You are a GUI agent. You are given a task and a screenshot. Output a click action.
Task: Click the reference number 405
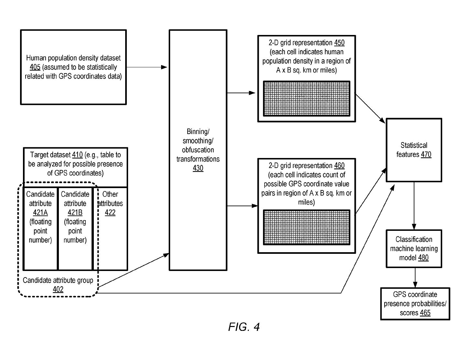pyautogui.click(x=35, y=67)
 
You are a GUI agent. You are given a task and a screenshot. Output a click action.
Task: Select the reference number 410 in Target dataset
pyautogui.click(x=77, y=155)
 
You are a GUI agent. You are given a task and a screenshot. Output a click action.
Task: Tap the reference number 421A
pyautogui.click(x=40, y=212)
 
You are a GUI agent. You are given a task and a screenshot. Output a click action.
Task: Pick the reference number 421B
pyautogui.click(x=75, y=212)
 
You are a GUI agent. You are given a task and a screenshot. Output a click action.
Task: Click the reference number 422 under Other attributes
pyautogui.click(x=110, y=212)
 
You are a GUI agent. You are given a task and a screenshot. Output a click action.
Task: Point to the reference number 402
pyautogui.click(x=58, y=289)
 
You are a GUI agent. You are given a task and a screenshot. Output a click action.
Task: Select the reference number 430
pyautogui.click(x=198, y=168)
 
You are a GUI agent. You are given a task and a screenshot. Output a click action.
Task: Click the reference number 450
pyautogui.click(x=339, y=43)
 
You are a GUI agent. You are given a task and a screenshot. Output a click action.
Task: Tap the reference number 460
pyautogui.click(x=339, y=166)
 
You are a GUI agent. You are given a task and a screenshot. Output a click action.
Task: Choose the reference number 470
pyautogui.click(x=426, y=154)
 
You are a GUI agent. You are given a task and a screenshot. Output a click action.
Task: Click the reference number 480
pyautogui.click(x=423, y=258)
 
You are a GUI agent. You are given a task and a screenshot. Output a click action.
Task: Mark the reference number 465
pyautogui.click(x=425, y=313)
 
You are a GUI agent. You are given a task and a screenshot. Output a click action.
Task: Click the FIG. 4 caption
pyautogui.click(x=244, y=327)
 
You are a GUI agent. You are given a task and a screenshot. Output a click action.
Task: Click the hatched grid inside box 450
pyautogui.click(x=307, y=98)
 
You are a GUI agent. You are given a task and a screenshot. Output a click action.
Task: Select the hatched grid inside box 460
pyautogui.click(x=307, y=227)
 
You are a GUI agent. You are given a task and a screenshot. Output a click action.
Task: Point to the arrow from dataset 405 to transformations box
pyautogui.click(x=147, y=67)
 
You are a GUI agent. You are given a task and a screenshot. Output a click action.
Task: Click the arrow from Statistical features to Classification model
pyautogui.click(x=414, y=206)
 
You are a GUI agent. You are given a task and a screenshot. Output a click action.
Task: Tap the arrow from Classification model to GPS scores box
pyautogui.click(x=415, y=277)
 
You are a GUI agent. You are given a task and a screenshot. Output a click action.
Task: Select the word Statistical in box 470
pyautogui.click(x=414, y=145)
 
